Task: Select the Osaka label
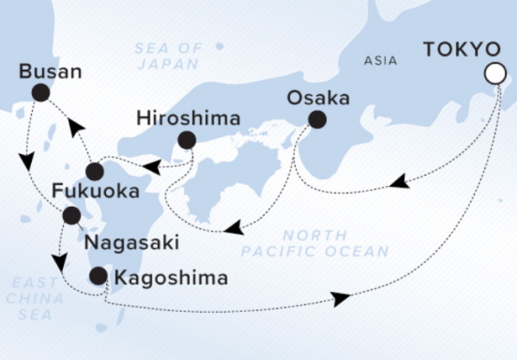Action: click(319, 98)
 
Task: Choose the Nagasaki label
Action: click(131, 243)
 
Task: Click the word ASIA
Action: click(381, 61)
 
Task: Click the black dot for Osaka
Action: click(317, 119)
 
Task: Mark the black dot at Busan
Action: click(39, 92)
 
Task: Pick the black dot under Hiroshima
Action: click(186, 140)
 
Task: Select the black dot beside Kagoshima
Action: click(99, 276)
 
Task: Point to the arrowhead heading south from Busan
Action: click(27, 161)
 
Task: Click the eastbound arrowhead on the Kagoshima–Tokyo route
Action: click(341, 299)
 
